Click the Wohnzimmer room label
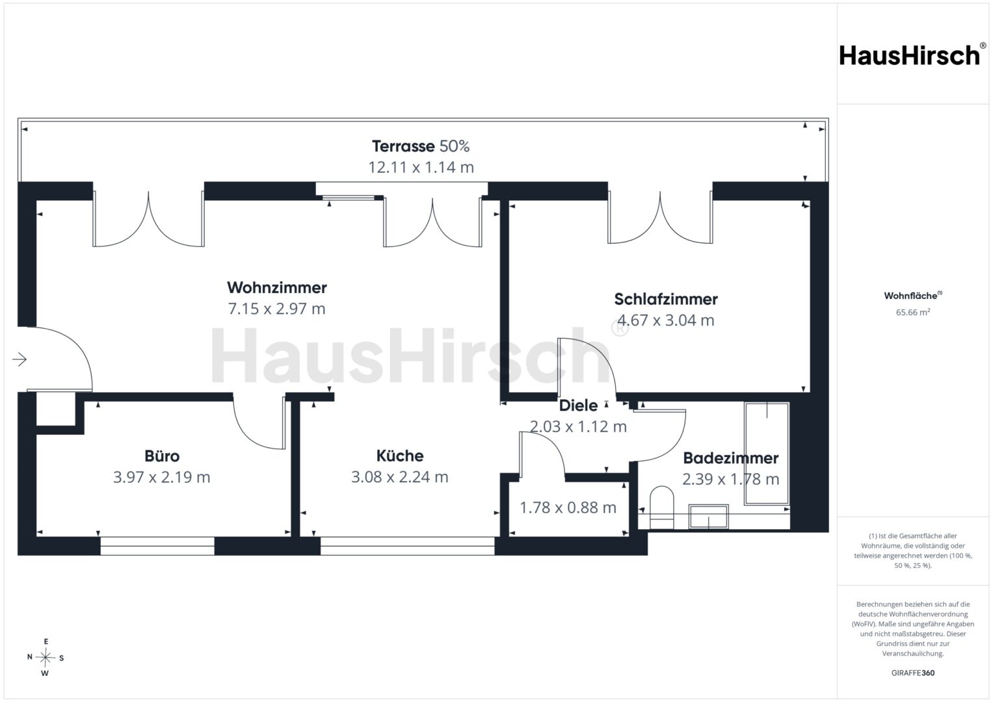tap(277, 287)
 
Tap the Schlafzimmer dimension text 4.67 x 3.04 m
tap(666, 320)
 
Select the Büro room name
tap(162, 456)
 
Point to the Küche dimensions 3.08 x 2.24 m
tap(400, 477)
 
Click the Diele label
tap(578, 406)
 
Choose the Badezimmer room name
tap(730, 458)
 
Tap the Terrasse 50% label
tap(421, 146)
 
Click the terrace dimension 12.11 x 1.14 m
tap(421, 167)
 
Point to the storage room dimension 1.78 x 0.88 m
tap(568, 508)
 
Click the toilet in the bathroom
tap(661, 508)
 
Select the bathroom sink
tap(708, 517)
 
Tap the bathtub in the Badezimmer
tap(767, 454)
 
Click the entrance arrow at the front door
tap(20, 359)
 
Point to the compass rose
tap(46, 657)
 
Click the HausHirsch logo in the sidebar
tap(913, 55)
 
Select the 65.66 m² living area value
tap(913, 312)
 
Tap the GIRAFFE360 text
tap(913, 673)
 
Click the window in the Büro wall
tap(157, 546)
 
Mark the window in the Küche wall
tap(407, 546)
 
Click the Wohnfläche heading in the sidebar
tap(913, 296)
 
